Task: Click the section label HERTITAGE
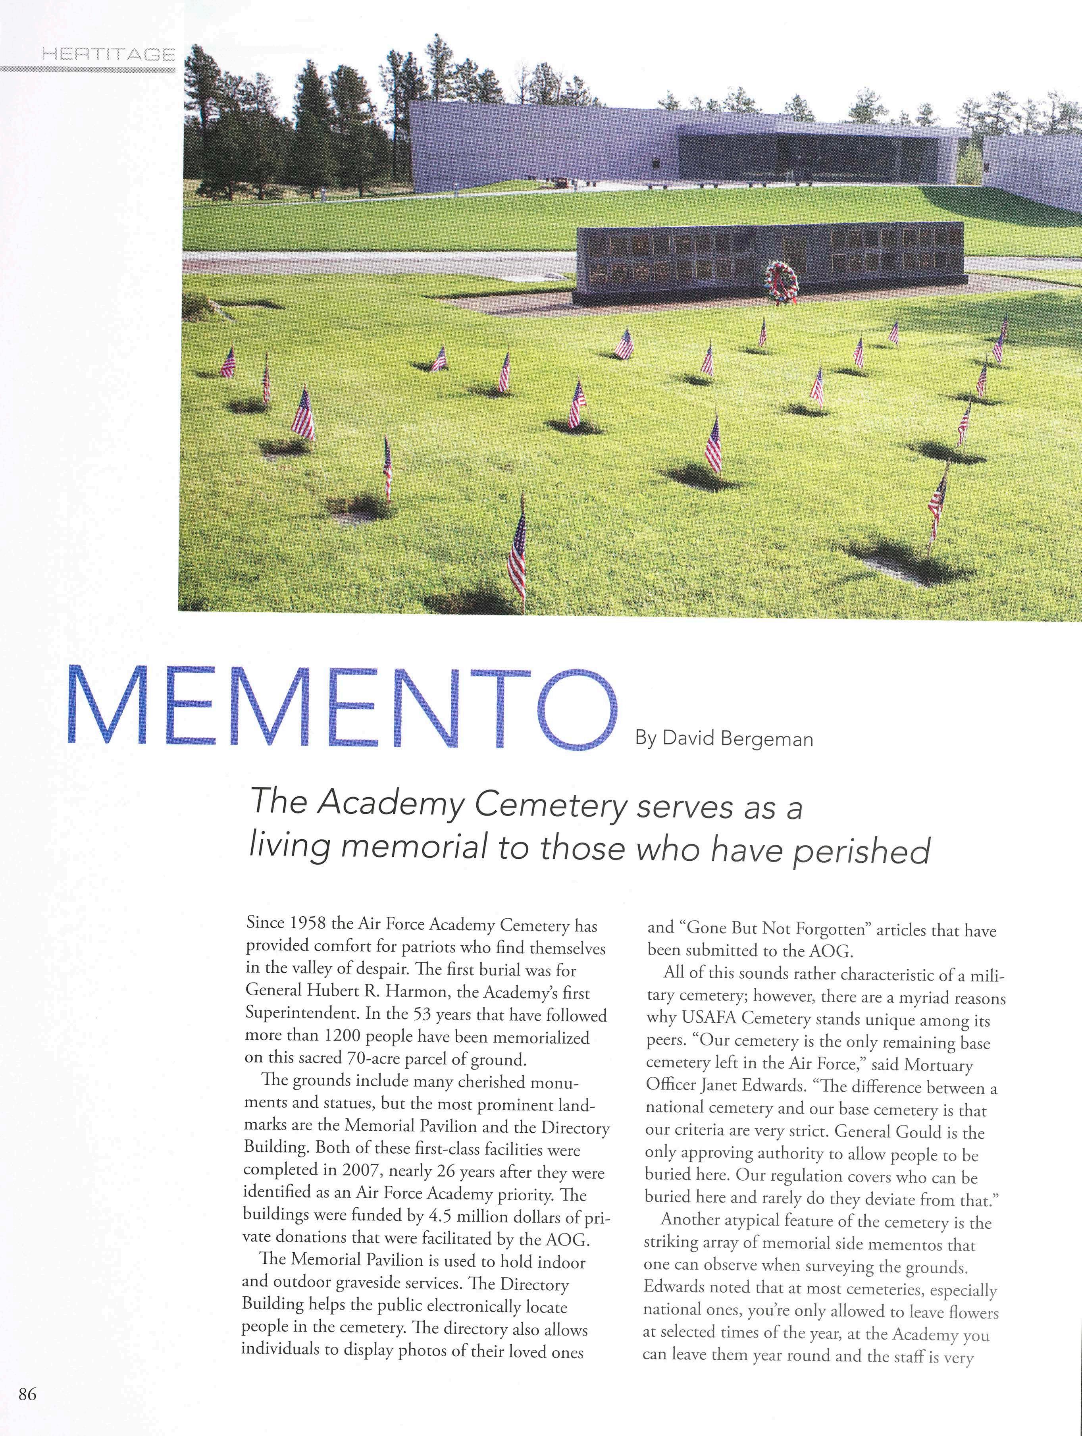point(108,54)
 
